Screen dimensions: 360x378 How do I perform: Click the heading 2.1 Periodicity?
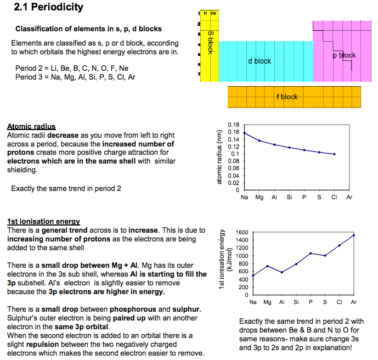pyautogui.click(x=48, y=7)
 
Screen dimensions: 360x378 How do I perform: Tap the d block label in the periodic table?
pyautogui.click(x=259, y=61)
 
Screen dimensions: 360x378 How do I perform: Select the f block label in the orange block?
pyautogui.click(x=287, y=97)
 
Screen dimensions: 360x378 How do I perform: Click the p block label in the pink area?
pyautogui.click(x=344, y=55)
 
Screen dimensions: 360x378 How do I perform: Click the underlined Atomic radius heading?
pyautogui.click(x=31, y=126)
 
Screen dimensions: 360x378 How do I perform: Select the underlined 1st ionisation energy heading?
pyautogui.click(x=43, y=222)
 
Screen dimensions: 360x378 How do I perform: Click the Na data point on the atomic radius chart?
pyautogui.click(x=244, y=133)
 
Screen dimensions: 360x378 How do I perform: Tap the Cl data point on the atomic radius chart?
pyautogui.click(x=334, y=154)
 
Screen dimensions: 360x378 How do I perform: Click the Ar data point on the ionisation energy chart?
pyautogui.click(x=354, y=235)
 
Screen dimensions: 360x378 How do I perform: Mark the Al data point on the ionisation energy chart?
pyautogui.click(x=281, y=272)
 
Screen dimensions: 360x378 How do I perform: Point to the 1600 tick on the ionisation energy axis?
pyautogui.click(x=242, y=233)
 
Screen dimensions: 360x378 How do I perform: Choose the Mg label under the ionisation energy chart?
pyautogui.click(x=267, y=302)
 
